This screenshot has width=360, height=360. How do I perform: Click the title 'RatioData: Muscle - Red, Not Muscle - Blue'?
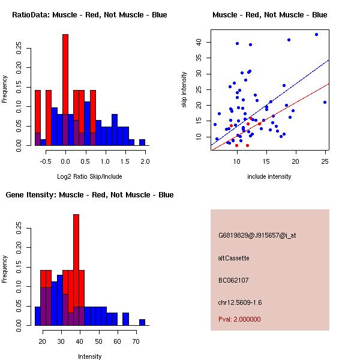point(89,15)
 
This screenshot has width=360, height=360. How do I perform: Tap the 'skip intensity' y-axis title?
point(184,90)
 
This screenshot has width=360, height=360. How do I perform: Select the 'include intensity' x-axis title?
point(269,176)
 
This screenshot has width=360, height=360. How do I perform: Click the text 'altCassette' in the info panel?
point(233,258)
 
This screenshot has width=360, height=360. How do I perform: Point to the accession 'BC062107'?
point(233,280)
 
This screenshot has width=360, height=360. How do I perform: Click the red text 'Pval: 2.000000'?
point(239,319)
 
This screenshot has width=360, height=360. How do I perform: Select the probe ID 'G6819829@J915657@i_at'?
point(257,235)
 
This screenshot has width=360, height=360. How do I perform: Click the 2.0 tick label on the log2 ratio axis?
point(145,161)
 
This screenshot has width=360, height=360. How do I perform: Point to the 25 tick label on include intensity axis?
point(325,161)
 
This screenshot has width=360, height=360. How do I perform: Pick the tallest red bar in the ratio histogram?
point(65,90)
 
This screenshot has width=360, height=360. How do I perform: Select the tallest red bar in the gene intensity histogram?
point(76,270)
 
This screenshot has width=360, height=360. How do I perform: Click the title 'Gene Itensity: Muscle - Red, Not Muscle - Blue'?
point(89,195)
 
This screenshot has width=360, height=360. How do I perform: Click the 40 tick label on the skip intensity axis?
point(199,42)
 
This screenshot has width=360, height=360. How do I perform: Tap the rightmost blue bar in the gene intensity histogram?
point(142,322)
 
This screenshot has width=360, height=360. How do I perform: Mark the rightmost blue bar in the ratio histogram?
point(142,142)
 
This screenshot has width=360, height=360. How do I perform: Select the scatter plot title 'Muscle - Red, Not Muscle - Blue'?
point(269,15)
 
